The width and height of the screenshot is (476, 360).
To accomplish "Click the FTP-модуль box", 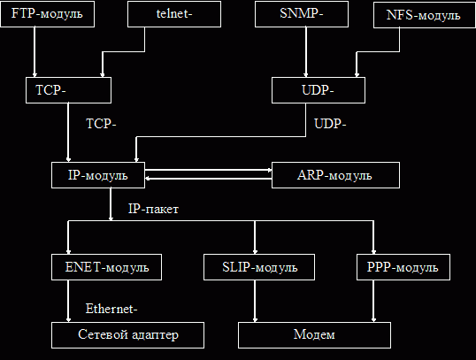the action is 48,14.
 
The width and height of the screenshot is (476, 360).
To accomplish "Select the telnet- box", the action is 174,14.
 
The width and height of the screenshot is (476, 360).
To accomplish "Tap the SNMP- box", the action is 302,14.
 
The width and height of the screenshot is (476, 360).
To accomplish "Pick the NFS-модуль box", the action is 425,15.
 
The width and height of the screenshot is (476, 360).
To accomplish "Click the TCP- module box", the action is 69,90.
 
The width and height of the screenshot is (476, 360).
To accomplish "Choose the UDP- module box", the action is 319,90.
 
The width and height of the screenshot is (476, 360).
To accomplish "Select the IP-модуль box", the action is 98,175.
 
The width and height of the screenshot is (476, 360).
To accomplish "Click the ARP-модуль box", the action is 335,175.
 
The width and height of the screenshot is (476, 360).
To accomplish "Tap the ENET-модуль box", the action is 106,267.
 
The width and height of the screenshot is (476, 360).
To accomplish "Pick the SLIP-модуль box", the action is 259,267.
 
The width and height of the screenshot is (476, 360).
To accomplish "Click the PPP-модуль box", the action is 403,267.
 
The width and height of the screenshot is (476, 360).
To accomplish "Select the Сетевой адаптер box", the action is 127,335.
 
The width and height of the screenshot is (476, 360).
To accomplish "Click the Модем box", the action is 314,335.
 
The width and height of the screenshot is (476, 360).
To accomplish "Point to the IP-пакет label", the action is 153,209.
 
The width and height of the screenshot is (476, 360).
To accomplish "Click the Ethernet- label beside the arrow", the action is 111,309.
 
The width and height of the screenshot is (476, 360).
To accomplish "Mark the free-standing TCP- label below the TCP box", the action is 101,124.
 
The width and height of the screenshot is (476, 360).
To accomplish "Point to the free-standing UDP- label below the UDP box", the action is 330,124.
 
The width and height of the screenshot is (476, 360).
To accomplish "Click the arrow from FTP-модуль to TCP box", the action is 35,52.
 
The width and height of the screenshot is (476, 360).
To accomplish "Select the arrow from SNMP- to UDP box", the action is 306,52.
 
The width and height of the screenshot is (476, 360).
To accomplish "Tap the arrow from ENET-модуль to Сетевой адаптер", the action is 68,301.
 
